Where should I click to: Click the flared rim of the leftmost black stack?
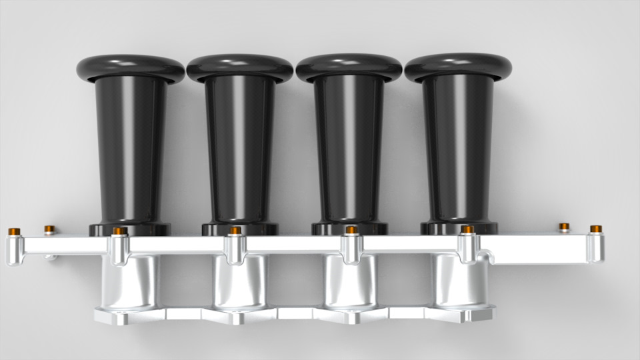pos(130,67)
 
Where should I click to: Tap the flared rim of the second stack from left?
pos(240,67)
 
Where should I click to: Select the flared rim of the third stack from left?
pos(349,67)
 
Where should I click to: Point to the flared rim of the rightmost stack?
pos(458,67)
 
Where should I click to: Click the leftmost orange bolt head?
pos(14,233)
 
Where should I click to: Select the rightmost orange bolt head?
pos(595,229)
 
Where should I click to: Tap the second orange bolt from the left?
pos(49,230)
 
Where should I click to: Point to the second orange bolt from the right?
pos(564,227)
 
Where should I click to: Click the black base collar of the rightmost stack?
pos(458,228)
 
